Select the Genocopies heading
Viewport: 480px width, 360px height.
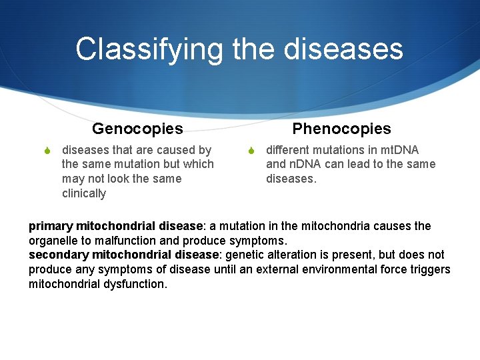click(x=137, y=128)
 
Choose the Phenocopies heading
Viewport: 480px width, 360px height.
click(x=341, y=128)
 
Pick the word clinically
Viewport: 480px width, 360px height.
click(x=84, y=193)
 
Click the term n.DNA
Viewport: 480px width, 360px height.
click(x=307, y=164)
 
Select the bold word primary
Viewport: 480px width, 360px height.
click(x=51, y=226)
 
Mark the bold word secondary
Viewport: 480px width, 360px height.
click(x=58, y=255)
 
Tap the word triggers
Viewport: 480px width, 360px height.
click(x=429, y=269)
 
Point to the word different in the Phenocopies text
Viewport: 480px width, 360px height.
click(x=289, y=150)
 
